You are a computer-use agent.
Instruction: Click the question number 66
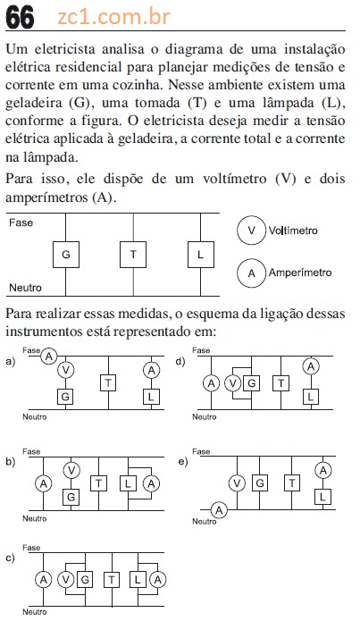20,18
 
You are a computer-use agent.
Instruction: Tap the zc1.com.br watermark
114,17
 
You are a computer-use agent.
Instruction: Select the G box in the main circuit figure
66,255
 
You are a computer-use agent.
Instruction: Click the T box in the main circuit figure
133,255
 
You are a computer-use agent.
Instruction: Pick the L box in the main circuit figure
201,255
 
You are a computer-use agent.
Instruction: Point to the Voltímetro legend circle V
252,231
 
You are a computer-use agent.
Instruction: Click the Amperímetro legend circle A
252,273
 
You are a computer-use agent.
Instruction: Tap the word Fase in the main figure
21,222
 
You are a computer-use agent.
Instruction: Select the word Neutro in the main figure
25,288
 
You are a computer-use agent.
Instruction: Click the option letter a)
11,361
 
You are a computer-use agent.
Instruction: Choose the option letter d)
180,361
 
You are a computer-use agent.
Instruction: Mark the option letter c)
11,558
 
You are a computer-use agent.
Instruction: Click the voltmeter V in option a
66,370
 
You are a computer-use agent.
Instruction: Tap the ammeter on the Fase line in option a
49,357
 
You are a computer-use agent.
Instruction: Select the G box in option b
71,497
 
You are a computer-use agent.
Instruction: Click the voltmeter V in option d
233,383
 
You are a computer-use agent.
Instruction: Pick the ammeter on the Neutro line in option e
219,509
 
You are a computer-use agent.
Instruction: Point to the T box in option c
112,580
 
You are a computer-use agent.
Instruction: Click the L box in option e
322,496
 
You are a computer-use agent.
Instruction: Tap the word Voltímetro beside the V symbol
293,231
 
